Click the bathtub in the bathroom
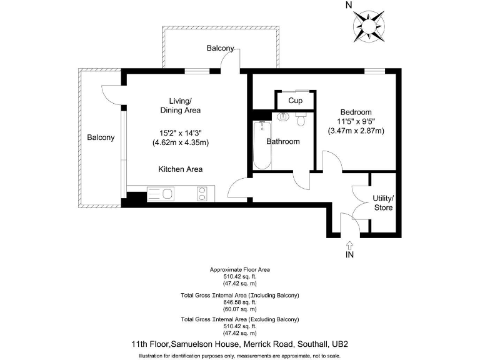click(261, 146)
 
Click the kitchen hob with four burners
click(202, 194)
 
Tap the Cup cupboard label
click(295, 101)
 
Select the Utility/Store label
click(383, 202)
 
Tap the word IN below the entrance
click(349, 256)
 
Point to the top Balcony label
click(221, 48)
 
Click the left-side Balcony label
click(101, 137)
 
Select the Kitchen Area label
click(180, 169)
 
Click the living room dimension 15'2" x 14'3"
click(180, 132)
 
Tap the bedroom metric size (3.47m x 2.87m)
click(356, 131)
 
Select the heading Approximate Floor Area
click(240, 270)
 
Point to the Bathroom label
click(283, 141)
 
